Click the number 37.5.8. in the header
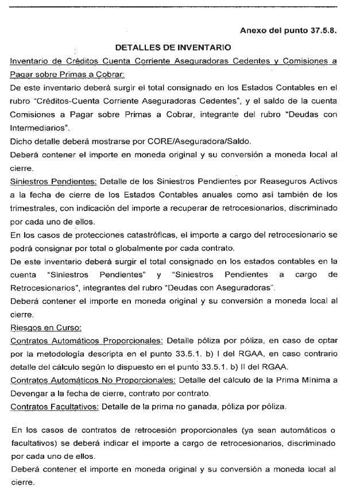click(319, 30)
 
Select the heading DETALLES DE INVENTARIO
click(173, 47)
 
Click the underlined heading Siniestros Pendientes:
click(53, 181)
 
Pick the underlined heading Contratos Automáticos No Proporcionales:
click(93, 380)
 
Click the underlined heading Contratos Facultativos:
click(55, 407)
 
